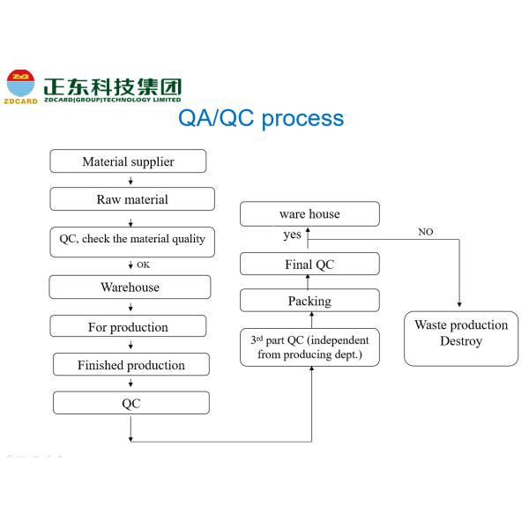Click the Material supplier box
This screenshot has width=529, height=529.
[128, 161]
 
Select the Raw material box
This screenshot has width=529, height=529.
[131, 199]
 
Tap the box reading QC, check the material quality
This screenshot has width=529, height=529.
[131, 240]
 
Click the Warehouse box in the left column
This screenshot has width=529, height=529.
[130, 287]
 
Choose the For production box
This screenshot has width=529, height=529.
[128, 327]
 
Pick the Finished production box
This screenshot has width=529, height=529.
[130, 365]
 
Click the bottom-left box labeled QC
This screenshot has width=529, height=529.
[130, 404]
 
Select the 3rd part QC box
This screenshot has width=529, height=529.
[309, 347]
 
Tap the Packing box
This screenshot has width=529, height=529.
[309, 302]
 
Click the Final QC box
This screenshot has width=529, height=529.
[309, 264]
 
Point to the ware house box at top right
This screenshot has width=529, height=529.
[309, 214]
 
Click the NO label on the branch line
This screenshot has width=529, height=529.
[425, 232]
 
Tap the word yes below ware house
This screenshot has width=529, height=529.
[292, 235]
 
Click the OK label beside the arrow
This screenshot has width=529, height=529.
[143, 264]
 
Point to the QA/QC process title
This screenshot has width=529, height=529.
[261, 118]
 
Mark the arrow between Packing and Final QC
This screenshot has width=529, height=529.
[309, 282]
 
